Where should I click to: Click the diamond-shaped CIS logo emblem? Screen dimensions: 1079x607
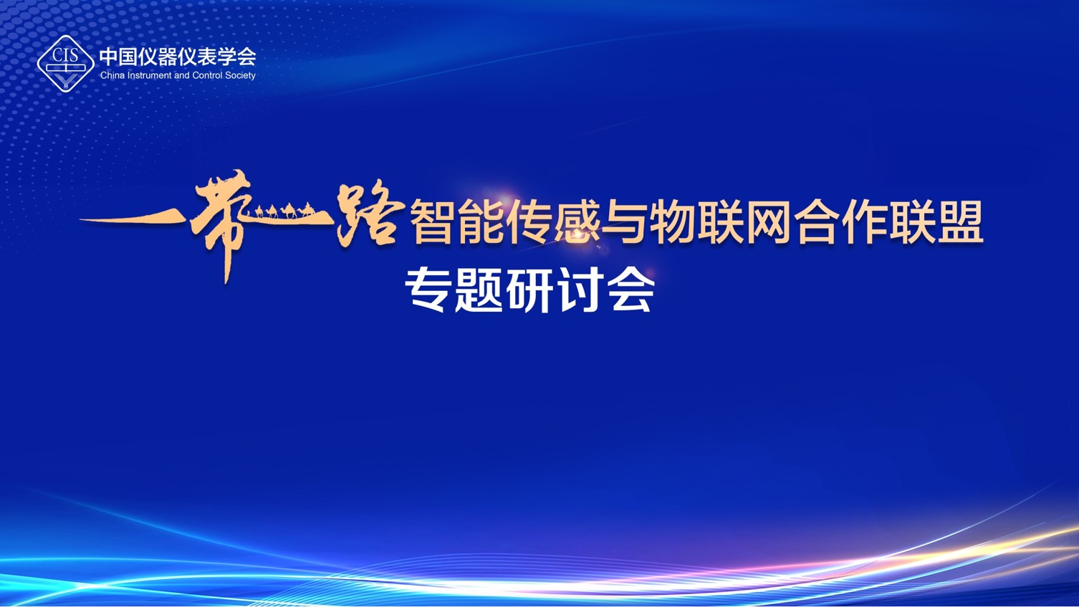click(x=65, y=64)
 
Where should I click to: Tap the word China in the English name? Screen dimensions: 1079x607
click(x=112, y=75)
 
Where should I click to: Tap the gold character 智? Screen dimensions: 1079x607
click(x=431, y=222)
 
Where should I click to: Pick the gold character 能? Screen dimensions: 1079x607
click(x=479, y=222)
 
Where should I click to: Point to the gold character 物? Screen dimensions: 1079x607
click(x=671, y=222)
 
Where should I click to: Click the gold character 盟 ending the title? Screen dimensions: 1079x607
click(x=960, y=222)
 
